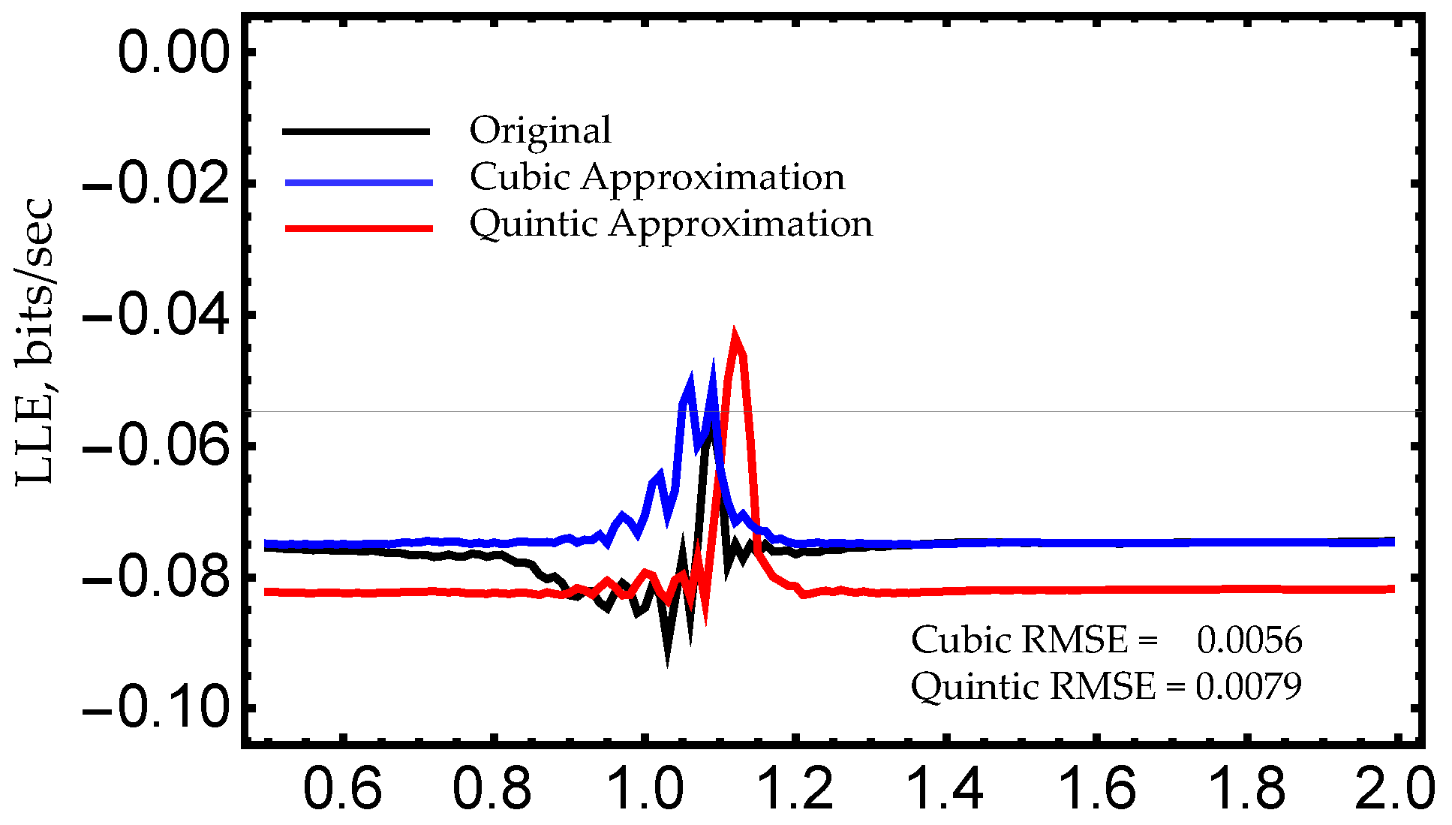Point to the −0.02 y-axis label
coord(155,184)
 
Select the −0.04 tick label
coord(155,315)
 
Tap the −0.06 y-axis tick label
coord(155,447)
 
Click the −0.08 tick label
coord(155,578)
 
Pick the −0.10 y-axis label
coord(155,709)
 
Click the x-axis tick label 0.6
coord(342,788)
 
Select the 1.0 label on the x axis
coord(644,788)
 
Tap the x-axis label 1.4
coord(945,788)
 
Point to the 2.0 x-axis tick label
coord(1394,788)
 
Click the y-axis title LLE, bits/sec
coord(35,342)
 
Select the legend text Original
coord(540,131)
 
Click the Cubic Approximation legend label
coord(657,178)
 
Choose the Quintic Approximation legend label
coord(671,224)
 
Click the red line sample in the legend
coord(359,228)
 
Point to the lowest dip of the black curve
coord(667,662)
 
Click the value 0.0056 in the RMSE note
coord(1249,640)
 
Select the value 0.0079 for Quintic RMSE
coord(1248,686)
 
